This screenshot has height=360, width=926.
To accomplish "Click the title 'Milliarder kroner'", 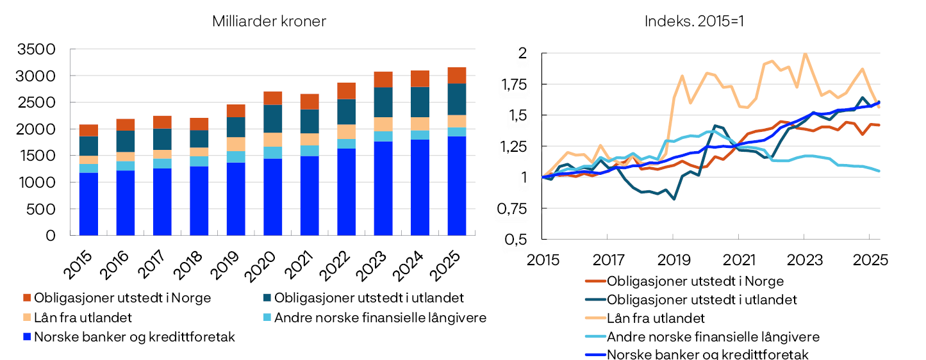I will (x=269, y=21).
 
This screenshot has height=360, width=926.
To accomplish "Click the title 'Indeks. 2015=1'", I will (x=694, y=21).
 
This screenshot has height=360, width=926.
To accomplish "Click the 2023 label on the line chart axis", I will (x=804, y=260).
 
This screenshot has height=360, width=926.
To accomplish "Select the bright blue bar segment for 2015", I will (x=88, y=204).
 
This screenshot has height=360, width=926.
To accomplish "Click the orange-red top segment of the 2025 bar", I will (x=457, y=75).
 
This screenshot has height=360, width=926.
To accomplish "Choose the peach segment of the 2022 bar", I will (x=347, y=131).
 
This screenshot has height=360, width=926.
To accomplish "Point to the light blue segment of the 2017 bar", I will (x=162, y=163).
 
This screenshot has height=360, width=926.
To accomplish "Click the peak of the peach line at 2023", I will (x=804, y=54).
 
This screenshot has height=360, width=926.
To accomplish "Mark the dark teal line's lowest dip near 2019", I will (x=674, y=199).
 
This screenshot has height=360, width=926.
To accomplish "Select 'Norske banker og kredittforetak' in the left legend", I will (x=135, y=337).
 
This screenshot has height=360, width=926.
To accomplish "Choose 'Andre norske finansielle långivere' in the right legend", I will (x=713, y=337).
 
